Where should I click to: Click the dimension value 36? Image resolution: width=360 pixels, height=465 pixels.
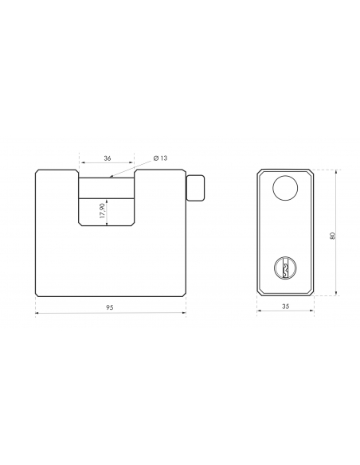(x=108, y=158)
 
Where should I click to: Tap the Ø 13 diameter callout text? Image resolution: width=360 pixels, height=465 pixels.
(x=160, y=158)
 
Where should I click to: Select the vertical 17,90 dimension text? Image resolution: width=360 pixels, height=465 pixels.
(x=103, y=211)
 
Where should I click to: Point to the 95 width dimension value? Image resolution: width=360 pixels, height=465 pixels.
(x=110, y=307)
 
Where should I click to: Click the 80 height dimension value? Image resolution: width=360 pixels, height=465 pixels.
(x=332, y=236)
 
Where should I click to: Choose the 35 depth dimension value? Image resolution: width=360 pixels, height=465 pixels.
(x=285, y=307)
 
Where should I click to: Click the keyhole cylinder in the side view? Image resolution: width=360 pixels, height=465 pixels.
(x=285, y=268)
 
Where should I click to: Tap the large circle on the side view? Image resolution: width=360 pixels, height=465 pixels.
(x=285, y=188)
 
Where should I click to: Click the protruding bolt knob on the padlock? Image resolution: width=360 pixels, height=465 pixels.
(x=195, y=188)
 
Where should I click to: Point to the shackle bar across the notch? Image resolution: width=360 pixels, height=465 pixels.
(x=107, y=188)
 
